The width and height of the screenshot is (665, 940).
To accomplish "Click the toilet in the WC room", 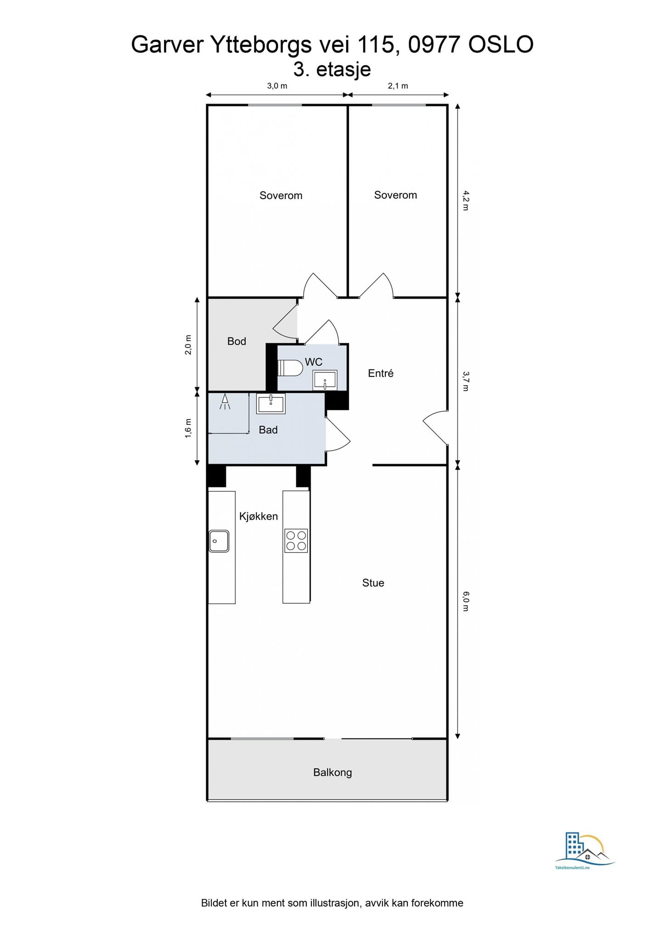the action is [291, 368].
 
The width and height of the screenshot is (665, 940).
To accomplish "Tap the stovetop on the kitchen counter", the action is [296, 541].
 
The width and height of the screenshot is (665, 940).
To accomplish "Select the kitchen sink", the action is [219, 541].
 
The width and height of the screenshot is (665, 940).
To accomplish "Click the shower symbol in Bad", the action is [225, 401].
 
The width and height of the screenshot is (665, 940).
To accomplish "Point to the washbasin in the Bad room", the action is [271, 403].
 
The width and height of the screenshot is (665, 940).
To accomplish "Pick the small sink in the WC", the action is [325, 380].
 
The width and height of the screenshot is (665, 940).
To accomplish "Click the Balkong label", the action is [332, 772].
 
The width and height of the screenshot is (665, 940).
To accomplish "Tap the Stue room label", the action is [373, 583].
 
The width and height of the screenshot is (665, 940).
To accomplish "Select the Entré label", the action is [381, 373].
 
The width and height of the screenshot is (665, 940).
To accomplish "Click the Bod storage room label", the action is [237, 341].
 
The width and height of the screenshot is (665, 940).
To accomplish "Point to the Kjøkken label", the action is [259, 516].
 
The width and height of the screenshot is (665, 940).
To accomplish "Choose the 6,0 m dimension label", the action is [466, 601].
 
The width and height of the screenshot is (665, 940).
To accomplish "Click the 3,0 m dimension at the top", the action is [277, 86].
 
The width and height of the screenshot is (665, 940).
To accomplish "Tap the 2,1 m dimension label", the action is [398, 86].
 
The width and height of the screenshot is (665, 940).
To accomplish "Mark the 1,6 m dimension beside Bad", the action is [188, 428].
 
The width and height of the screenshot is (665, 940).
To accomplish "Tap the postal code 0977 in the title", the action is [434, 45].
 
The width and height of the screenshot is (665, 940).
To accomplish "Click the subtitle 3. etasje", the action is [332, 69].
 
